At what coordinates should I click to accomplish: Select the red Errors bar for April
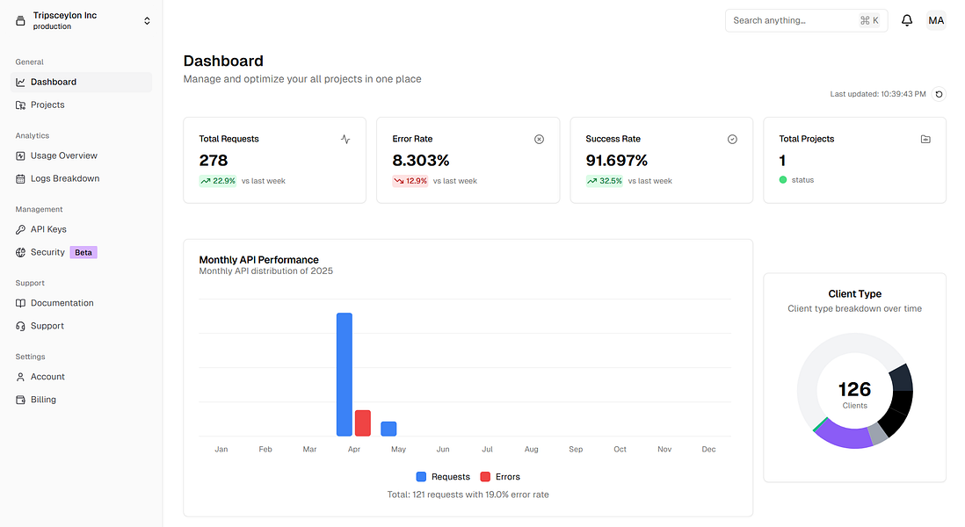362,422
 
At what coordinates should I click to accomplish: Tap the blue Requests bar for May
388,429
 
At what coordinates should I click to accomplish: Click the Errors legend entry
499,477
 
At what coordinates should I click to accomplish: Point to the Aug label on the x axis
531,449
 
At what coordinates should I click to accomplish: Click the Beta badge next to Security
83,252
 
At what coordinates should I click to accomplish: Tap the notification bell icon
907,20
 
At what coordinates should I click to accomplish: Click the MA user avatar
936,20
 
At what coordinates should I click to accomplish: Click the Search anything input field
791,20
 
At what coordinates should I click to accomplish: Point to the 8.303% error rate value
421,161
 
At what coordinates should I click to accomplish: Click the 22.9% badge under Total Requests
218,181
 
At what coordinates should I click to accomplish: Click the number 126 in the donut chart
854,389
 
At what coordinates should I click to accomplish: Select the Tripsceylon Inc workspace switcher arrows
147,20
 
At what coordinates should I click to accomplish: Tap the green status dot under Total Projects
783,180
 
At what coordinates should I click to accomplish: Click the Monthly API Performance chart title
258,259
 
